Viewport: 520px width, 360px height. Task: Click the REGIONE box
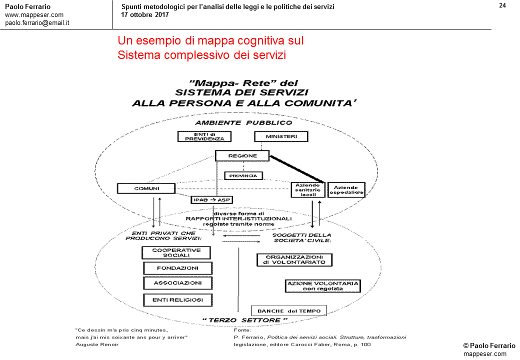coord(242,156)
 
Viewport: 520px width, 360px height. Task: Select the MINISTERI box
coord(281,136)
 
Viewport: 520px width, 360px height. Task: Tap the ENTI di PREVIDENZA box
coord(204,136)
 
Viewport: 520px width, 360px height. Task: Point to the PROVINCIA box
coord(243,175)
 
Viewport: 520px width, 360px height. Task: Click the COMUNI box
coord(146,188)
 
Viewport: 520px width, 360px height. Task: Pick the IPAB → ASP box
coord(212,199)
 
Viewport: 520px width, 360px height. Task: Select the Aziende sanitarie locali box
coord(307,189)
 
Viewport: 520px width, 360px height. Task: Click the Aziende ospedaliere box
coord(346,189)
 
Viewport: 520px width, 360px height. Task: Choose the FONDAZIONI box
coord(178,268)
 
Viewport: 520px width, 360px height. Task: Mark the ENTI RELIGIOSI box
coord(178,300)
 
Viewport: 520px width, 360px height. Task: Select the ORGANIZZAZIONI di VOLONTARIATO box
coord(294,259)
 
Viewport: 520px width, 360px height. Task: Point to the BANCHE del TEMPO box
coord(288,310)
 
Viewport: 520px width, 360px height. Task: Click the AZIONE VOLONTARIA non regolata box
coord(322,285)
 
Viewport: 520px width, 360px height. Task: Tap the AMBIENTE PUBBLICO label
coord(243,122)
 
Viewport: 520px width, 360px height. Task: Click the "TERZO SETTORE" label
coord(245,319)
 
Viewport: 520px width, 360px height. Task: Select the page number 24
coord(502,5)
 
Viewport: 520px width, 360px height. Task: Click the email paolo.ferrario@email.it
coord(37,22)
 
